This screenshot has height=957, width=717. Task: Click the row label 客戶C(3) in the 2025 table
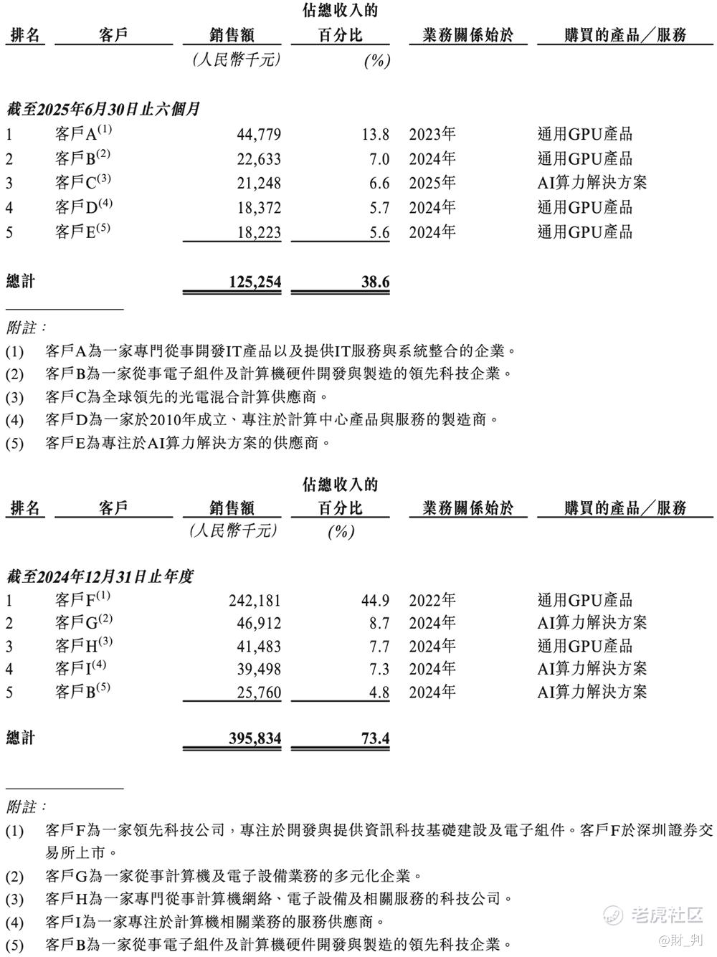click(83, 183)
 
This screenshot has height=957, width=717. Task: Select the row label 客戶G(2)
click(83, 623)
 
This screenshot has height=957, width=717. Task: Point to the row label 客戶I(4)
click(80, 669)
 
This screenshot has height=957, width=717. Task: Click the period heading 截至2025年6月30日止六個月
click(103, 110)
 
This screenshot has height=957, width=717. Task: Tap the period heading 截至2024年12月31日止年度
click(100, 576)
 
